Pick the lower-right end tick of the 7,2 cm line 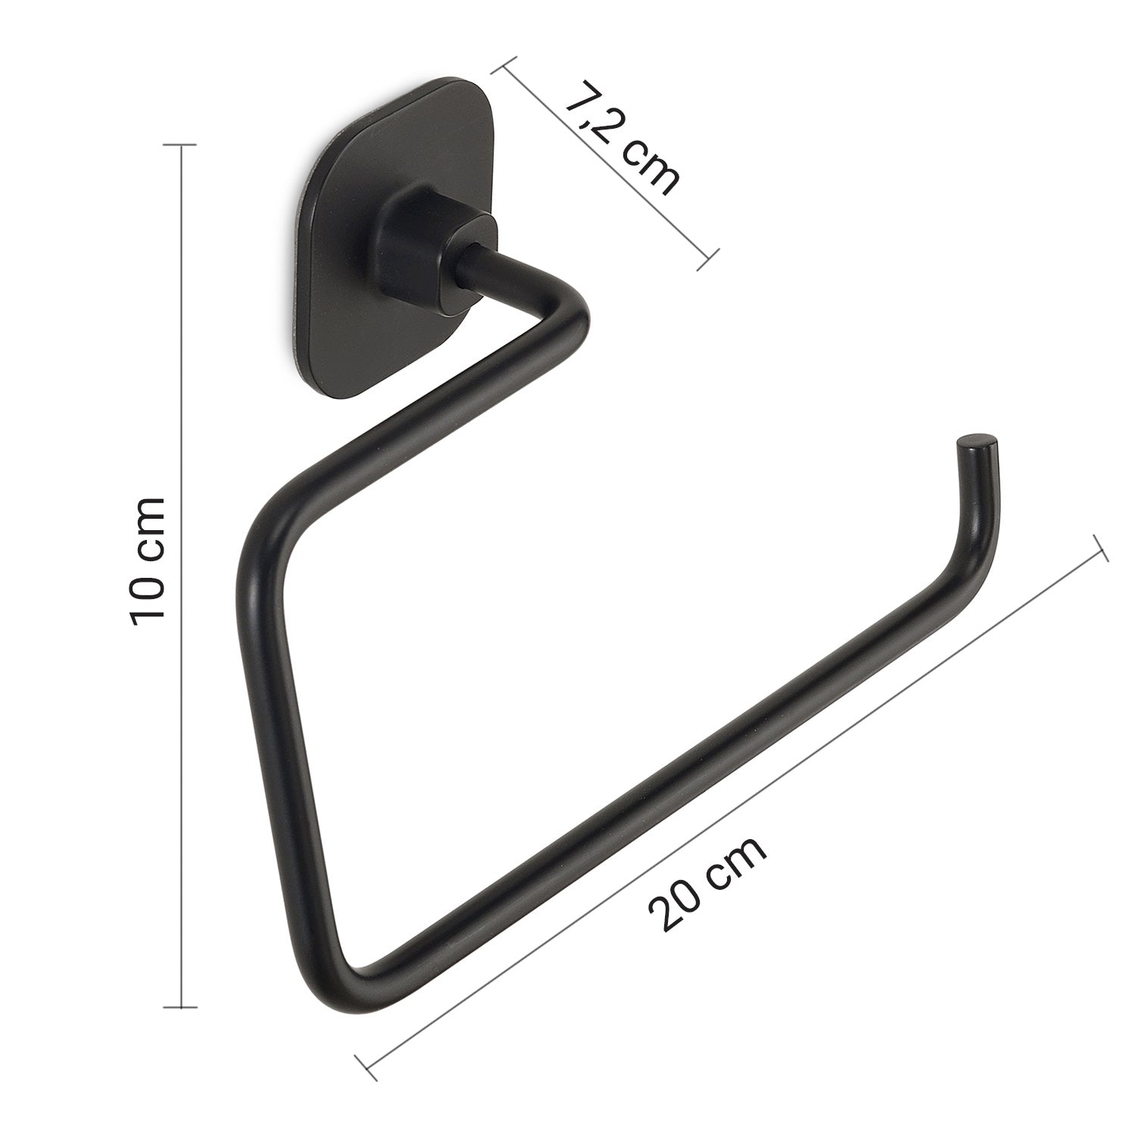[707, 258]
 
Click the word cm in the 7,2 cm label [648, 170]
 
